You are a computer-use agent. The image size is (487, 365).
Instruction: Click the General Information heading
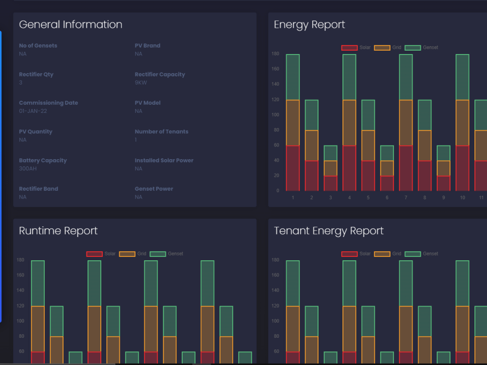pyautogui.click(x=71, y=25)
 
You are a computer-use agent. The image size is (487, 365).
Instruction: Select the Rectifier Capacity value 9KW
pyautogui.click(x=141, y=83)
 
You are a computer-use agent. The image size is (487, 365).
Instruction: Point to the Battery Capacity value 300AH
pyautogui.click(x=28, y=169)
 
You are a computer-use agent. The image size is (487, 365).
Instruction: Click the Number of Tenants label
pyautogui.click(x=161, y=132)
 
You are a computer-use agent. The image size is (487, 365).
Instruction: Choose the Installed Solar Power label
pyautogui.click(x=164, y=161)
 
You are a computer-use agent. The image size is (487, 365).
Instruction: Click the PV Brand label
pyautogui.click(x=147, y=46)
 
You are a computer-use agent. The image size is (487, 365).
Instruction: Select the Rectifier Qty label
pyautogui.click(x=36, y=74)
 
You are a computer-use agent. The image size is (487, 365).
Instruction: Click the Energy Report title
pyautogui.click(x=309, y=25)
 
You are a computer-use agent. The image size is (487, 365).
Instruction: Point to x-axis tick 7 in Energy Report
pyautogui.click(x=406, y=198)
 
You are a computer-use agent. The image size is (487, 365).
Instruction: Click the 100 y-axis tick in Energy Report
pyautogui.click(x=276, y=115)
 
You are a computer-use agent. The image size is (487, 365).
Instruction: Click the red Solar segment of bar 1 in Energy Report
pyautogui.click(x=293, y=168)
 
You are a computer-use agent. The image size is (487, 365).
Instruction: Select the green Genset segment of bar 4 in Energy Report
pyautogui.click(x=349, y=77)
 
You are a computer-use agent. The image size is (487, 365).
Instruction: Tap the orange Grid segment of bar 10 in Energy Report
pyautogui.click(x=462, y=123)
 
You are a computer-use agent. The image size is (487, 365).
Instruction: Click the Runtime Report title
pyautogui.click(x=58, y=231)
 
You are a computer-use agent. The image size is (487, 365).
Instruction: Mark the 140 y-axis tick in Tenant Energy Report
pyautogui.click(x=276, y=291)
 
